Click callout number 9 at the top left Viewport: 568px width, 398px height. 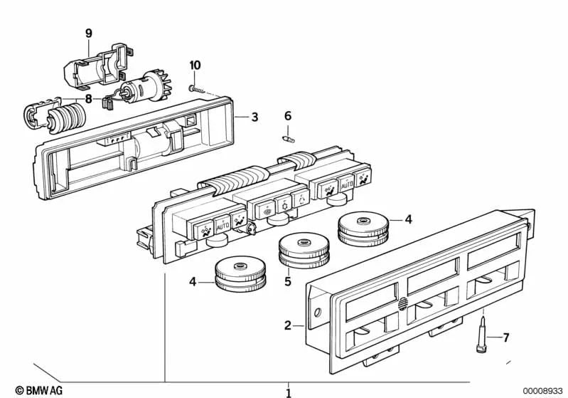click(x=89, y=33)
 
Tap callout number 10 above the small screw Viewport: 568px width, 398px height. click(x=195, y=66)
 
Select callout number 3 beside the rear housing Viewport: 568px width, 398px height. click(x=254, y=117)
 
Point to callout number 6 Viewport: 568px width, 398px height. click(x=288, y=116)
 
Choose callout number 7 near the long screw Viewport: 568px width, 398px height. click(x=505, y=337)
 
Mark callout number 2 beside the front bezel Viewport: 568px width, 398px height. click(x=288, y=325)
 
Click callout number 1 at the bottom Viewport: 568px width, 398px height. click(x=288, y=392)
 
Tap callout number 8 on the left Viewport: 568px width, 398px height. click(x=88, y=98)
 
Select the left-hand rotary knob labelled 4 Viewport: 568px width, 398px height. click(x=240, y=275)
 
